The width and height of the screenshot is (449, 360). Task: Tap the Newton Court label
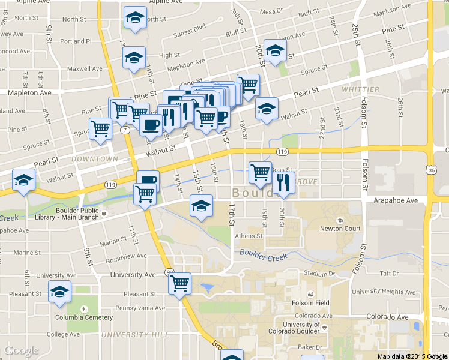tap(340, 229)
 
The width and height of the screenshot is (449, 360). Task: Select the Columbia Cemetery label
tap(84, 317)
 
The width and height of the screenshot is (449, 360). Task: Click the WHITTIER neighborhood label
tap(361, 89)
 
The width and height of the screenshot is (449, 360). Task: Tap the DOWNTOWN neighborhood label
tap(94, 159)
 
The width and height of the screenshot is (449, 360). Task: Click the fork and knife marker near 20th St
tap(284, 182)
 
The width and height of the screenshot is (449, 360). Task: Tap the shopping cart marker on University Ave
tap(180, 283)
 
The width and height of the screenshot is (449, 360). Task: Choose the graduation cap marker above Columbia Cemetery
tap(59, 292)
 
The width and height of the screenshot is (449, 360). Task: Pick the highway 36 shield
tap(433, 171)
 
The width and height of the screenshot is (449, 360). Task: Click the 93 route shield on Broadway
tap(170, 272)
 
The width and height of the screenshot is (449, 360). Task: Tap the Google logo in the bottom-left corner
tap(21, 351)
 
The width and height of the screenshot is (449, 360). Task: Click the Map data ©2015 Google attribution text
tap(412, 356)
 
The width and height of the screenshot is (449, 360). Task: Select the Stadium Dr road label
tap(318, 273)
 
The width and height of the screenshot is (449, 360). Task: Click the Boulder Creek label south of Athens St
tap(265, 254)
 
